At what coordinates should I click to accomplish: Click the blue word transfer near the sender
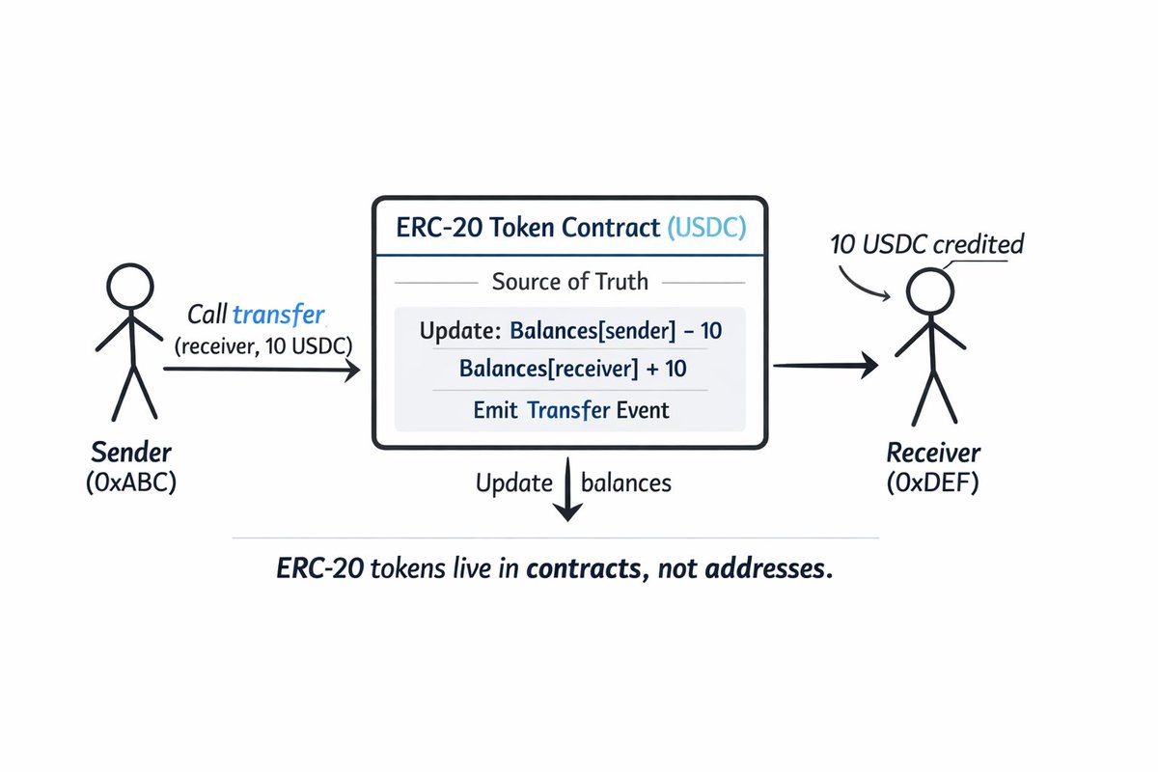(279, 315)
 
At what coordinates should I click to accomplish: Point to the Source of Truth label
(570, 282)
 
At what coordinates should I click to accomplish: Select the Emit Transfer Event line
(570, 409)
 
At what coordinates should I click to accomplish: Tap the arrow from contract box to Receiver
(825, 364)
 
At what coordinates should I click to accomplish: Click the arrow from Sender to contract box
(261, 368)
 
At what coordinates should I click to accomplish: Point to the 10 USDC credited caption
(926, 244)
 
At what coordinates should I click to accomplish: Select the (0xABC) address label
(131, 482)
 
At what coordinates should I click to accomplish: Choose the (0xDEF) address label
(933, 482)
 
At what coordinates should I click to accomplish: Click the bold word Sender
(131, 452)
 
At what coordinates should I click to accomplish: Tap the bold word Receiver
(933, 453)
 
